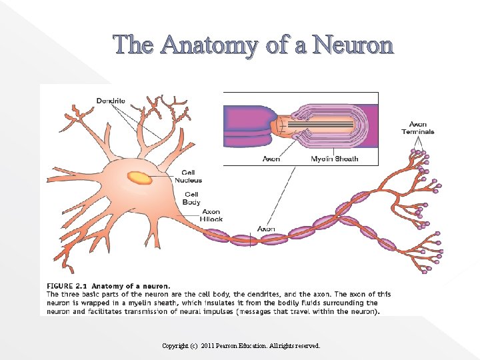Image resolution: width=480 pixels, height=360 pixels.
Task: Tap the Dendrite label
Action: click(x=111, y=101)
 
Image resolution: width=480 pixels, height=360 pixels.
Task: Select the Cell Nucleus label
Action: click(x=188, y=177)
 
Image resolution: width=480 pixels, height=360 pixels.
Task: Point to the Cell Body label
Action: click(x=191, y=198)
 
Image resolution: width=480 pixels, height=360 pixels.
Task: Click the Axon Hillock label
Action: click(x=211, y=215)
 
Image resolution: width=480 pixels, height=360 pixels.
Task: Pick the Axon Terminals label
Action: click(x=417, y=128)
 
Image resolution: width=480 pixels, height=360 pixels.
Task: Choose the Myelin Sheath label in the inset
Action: click(x=335, y=159)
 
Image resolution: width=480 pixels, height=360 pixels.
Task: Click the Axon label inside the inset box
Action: click(x=271, y=159)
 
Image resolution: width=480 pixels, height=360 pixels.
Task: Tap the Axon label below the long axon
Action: click(x=266, y=229)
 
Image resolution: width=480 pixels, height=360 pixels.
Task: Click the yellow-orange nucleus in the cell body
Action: click(x=140, y=177)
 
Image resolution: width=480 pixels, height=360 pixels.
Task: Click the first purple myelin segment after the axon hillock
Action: click(x=216, y=235)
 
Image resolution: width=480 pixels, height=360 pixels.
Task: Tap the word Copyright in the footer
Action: click(x=175, y=346)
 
